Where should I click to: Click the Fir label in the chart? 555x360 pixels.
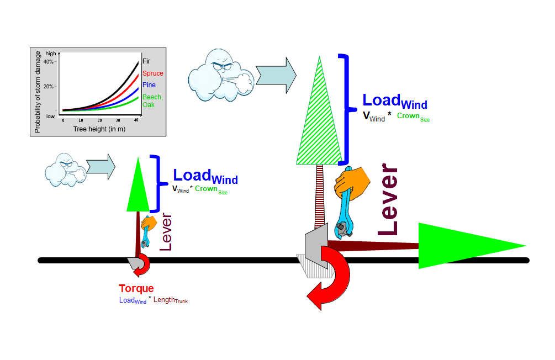(146, 61)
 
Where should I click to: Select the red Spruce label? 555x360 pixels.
(152, 73)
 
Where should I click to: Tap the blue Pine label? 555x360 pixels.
(149, 85)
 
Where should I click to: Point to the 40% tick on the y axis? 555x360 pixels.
(49, 62)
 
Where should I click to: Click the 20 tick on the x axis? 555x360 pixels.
(100, 120)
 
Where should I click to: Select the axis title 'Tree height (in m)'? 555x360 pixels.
(100, 129)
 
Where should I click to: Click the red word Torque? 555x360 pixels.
(136, 289)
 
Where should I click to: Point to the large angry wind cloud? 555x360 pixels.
(219, 75)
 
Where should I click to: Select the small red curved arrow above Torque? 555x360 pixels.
(142, 265)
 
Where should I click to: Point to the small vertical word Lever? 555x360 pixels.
(166, 232)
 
